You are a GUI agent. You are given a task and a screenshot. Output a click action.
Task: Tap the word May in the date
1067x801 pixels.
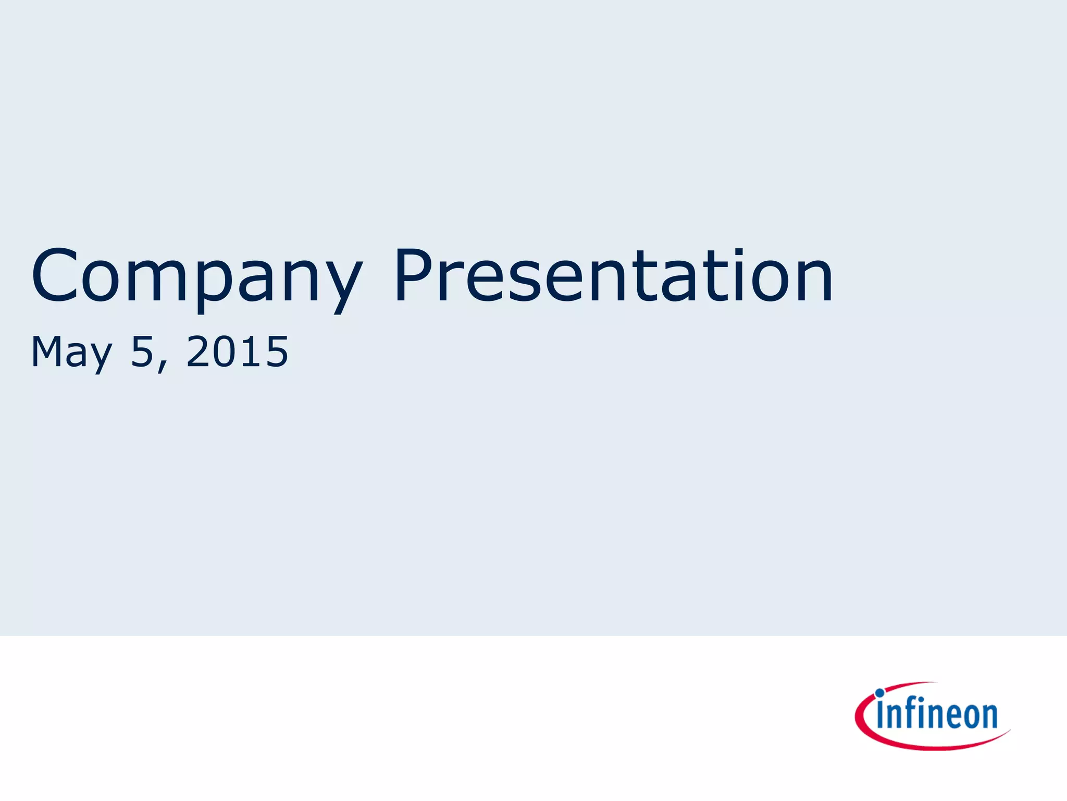coord(71,353)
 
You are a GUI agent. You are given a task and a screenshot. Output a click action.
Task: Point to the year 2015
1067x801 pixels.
coord(237,352)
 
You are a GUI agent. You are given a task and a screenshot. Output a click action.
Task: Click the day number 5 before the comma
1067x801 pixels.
coord(142,352)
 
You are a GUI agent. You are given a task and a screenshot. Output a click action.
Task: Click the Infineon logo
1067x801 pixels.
coord(932,715)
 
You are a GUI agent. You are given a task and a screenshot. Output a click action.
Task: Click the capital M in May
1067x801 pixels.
coord(49,352)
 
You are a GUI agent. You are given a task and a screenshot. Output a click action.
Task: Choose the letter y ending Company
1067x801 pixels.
coord(341,284)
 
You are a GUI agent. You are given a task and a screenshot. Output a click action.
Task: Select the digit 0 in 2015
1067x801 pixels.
coord(218,352)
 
